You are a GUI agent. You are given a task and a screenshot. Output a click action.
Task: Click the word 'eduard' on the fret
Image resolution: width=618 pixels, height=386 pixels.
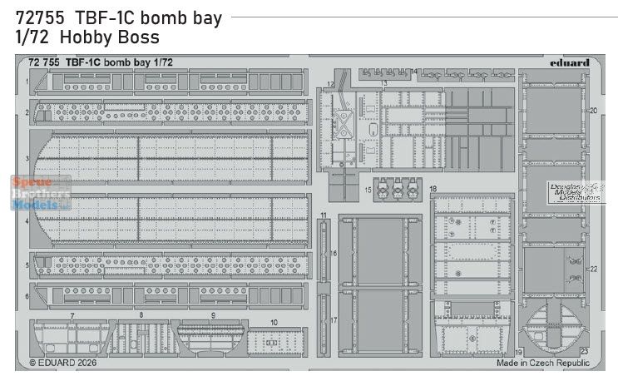[570, 62]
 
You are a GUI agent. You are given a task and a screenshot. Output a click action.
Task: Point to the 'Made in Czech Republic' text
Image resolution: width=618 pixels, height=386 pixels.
[543, 363]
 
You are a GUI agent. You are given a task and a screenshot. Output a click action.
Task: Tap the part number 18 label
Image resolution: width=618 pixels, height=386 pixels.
[433, 190]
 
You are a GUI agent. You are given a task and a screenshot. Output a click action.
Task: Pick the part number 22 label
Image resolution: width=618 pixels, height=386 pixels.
[594, 269]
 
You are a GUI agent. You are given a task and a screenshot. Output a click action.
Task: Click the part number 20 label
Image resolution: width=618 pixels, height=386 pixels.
[594, 110]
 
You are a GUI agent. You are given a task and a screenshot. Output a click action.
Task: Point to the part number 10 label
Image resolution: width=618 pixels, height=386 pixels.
[274, 321]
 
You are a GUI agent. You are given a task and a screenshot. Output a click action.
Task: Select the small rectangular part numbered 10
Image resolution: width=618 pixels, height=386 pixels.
[274, 342]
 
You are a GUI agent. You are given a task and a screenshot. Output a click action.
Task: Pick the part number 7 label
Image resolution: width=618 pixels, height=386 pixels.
[72, 316]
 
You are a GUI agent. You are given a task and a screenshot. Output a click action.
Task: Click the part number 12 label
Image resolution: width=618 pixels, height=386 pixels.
[331, 84]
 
